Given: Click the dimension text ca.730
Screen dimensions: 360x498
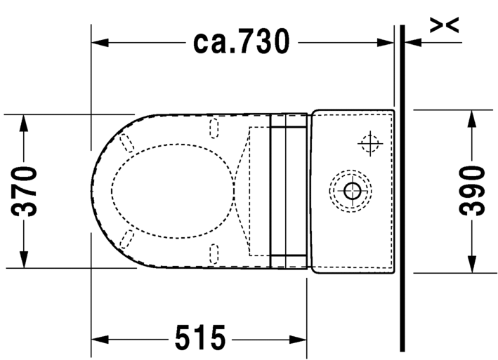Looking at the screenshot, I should [241, 43].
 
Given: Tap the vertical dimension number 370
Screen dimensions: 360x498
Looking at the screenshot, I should [25, 191].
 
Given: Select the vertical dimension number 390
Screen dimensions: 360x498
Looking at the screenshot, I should [473, 191].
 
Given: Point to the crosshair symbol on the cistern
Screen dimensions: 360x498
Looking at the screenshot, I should [369, 145].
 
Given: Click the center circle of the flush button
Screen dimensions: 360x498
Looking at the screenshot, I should [352, 189].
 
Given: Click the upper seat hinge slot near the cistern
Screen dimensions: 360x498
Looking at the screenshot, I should [215, 128].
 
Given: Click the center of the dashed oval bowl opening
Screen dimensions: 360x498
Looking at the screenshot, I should [173, 189].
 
